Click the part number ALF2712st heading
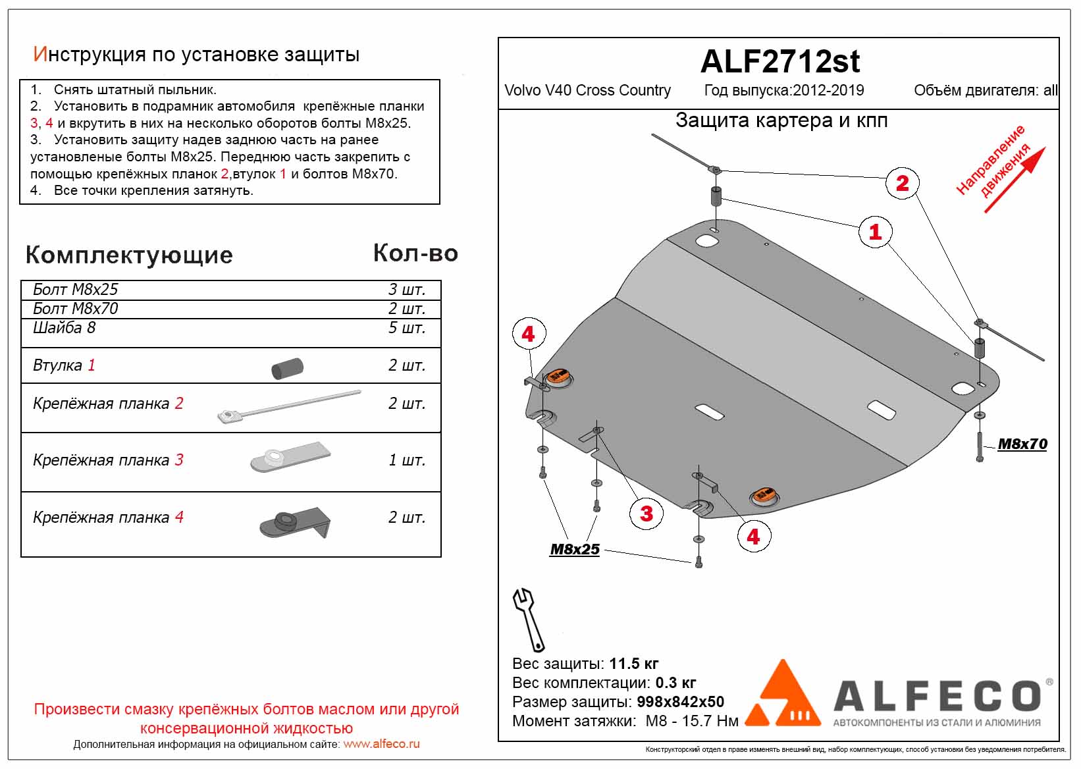pyautogui.click(x=779, y=62)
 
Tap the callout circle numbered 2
pyautogui.click(x=902, y=183)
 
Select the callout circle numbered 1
pyautogui.click(x=874, y=232)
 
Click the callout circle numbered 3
pyautogui.click(x=646, y=514)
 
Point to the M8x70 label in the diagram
pyautogui.click(x=1022, y=444)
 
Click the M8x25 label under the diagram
pyautogui.click(x=575, y=549)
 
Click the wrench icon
pyautogui.click(x=528, y=619)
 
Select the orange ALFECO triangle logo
pyautogui.click(x=783, y=694)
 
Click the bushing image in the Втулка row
pyautogui.click(x=287, y=368)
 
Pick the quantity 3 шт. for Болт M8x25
pyautogui.click(x=406, y=290)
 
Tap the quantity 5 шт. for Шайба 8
pyautogui.click(x=406, y=328)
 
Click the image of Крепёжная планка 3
pyautogui.click(x=290, y=456)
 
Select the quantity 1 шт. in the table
pyautogui.click(x=406, y=460)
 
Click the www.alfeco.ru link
pyautogui.click(x=381, y=744)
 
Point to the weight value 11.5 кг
pyautogui.click(x=633, y=664)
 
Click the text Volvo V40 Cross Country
pyautogui.click(x=587, y=90)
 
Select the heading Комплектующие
pyautogui.click(x=129, y=255)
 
